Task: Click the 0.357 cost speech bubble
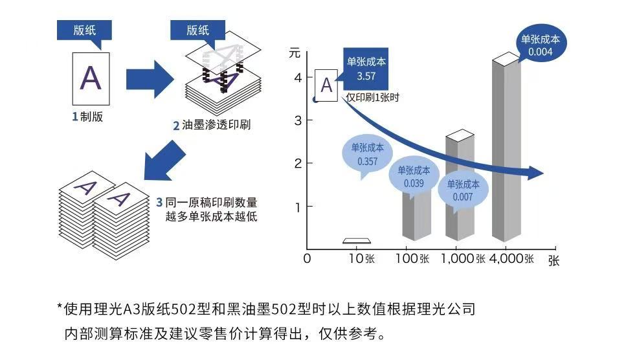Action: (367, 155)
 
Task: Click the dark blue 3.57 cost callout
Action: (366, 69)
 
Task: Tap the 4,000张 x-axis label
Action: (511, 258)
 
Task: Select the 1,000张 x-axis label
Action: (463, 258)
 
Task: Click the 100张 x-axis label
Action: (416, 258)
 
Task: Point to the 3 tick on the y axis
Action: (298, 120)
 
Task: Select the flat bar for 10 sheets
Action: (357, 241)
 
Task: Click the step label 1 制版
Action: (87, 117)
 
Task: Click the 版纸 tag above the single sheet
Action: (84, 30)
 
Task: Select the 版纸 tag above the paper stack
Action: (197, 30)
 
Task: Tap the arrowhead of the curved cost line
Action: (535, 174)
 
